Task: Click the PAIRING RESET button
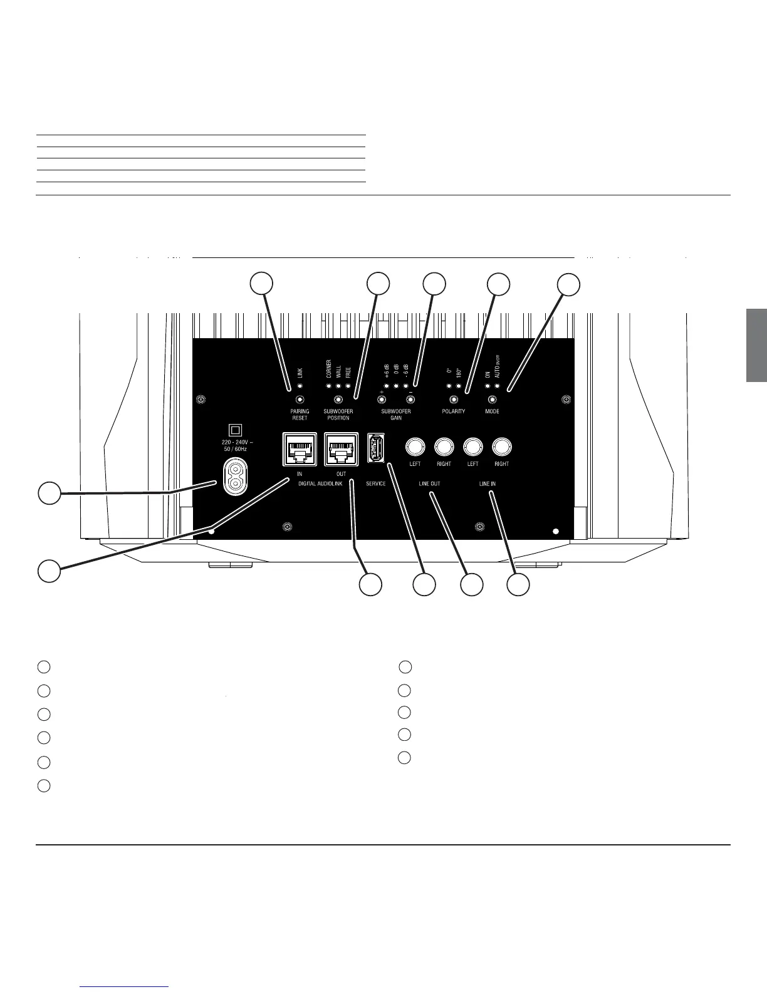click(300, 400)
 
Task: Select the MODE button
click(493, 400)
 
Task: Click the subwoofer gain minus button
click(410, 400)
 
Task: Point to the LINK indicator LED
click(300, 386)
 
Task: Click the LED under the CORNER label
click(329, 386)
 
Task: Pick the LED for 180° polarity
click(459, 386)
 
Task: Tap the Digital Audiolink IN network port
click(300, 448)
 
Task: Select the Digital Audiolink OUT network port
click(341, 448)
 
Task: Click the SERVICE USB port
click(375, 448)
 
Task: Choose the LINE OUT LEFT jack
click(415, 447)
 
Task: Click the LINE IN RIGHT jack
click(501, 447)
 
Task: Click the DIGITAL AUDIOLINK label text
click(320, 484)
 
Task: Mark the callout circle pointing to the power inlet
click(49, 493)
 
